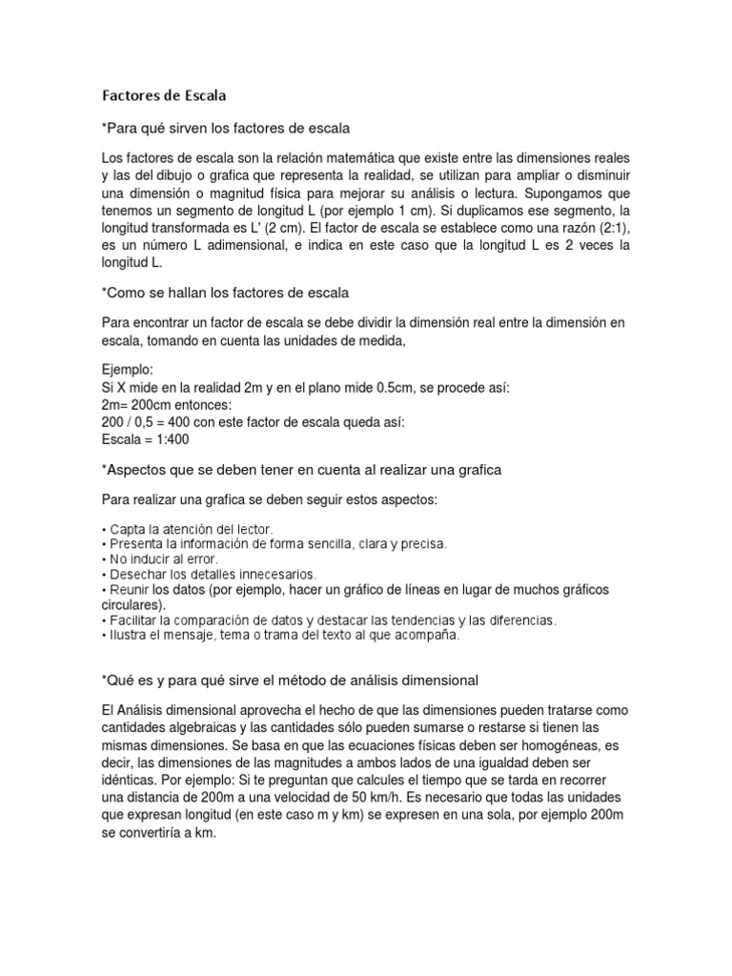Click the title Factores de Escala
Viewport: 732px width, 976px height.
pyautogui.click(x=165, y=95)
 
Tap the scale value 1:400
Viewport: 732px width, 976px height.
pyautogui.click(x=168, y=439)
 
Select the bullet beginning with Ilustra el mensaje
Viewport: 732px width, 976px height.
pyautogui.click(x=280, y=636)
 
